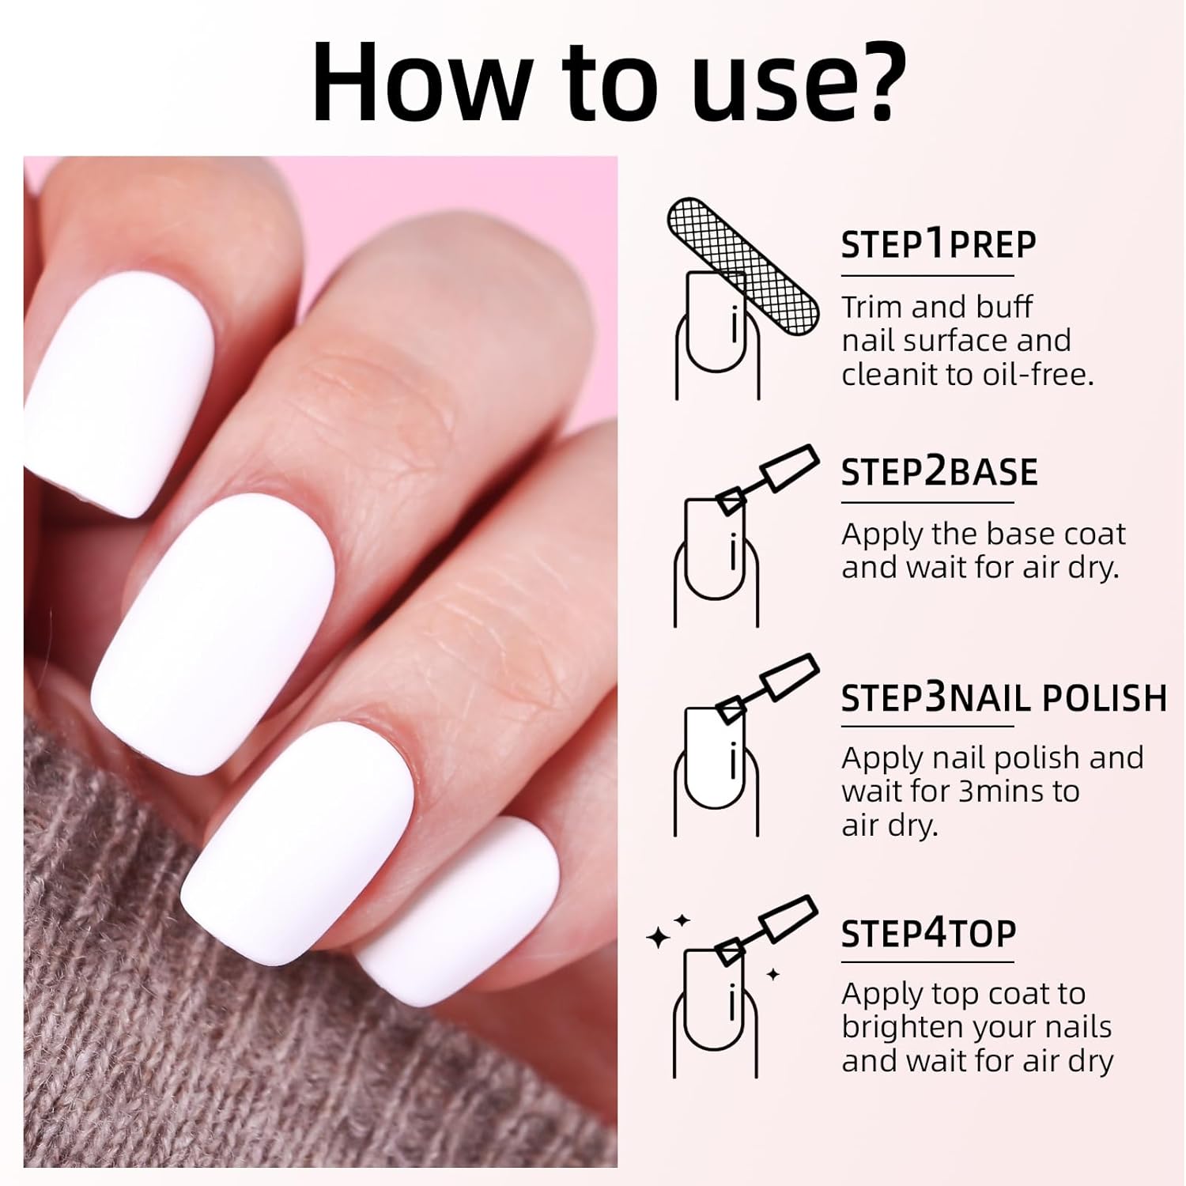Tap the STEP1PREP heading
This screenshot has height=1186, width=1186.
[938, 244]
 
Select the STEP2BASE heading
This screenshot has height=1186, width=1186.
[939, 472]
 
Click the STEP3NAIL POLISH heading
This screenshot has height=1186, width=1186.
[1003, 698]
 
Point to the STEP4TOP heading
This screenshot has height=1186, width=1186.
[927, 934]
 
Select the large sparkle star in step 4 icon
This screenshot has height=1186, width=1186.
[658, 938]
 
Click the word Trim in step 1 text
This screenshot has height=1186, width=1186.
[874, 307]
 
